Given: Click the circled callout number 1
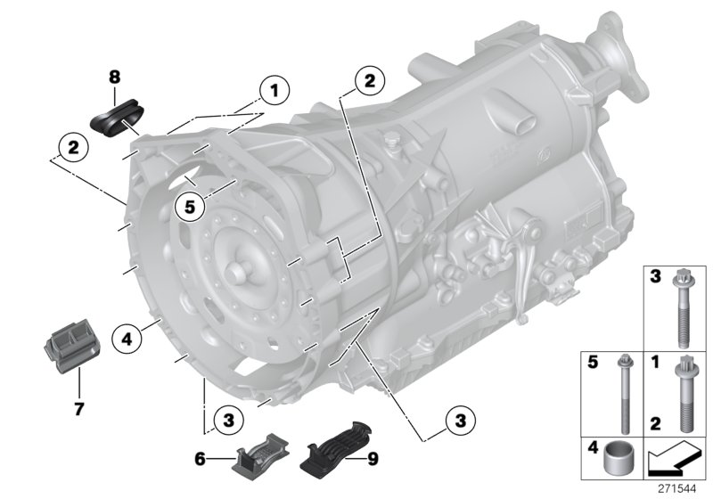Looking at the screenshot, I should click(275, 90).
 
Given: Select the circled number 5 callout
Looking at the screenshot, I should click(189, 207).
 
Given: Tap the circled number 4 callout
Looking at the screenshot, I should click(127, 338).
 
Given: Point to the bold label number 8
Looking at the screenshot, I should click(114, 78).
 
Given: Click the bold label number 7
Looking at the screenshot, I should click(78, 409).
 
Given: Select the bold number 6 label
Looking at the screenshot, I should click(201, 459).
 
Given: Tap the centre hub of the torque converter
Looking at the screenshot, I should click(239, 273).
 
